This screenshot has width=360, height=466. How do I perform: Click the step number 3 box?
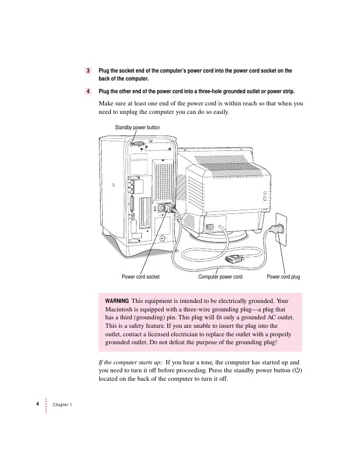pos(88,70)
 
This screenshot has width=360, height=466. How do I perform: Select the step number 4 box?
pos(88,91)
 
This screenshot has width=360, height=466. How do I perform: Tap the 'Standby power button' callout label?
pos(137,128)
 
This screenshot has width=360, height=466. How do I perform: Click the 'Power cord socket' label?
pos(140,276)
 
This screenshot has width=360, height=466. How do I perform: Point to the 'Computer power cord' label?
pos(220,276)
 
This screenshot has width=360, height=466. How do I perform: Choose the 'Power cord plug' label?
pos(283,276)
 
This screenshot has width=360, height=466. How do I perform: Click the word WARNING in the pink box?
pos(116,301)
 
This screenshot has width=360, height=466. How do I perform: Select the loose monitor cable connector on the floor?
pos(233,259)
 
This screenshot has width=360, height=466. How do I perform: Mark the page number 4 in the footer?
pos(38,404)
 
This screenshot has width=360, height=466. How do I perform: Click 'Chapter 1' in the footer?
pos(62,405)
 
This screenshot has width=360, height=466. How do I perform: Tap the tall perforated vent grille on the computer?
pos(164,180)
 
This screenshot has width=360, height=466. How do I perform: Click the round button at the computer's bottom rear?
pos(161,238)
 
